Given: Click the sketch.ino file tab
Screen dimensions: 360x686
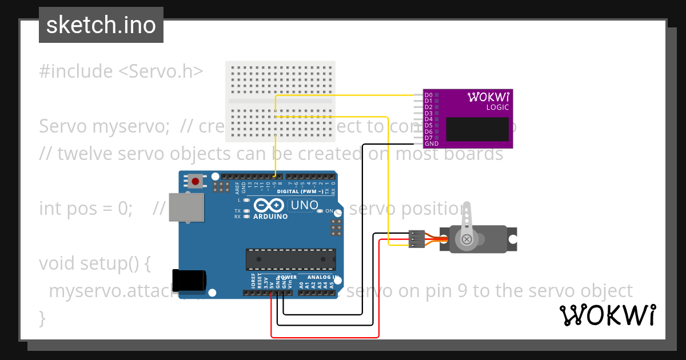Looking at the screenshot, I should coord(101,25).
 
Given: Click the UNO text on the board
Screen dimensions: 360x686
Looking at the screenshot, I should coord(304,205).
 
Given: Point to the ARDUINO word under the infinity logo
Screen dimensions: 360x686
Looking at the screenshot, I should coord(270,217).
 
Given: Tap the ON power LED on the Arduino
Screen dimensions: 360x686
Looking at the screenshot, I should coord(321,211).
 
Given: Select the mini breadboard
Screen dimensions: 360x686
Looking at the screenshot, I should coord(280,101).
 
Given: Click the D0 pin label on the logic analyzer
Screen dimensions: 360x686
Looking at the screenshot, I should coord(428,94).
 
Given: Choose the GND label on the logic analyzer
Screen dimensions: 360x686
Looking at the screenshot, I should coord(432,143).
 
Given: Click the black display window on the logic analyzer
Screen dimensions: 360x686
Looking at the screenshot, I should coord(477,129).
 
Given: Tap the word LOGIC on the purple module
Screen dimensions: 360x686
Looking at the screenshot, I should coord(497,107).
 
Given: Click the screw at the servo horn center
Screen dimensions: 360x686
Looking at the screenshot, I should coord(467,239).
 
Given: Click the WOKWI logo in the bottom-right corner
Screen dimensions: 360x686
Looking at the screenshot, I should coord(607,315).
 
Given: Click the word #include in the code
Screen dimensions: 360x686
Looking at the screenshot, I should coord(76,71).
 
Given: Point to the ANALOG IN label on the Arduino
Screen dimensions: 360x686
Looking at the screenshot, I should coord(319,277).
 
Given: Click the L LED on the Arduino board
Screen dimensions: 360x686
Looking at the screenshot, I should coord(246,200).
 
